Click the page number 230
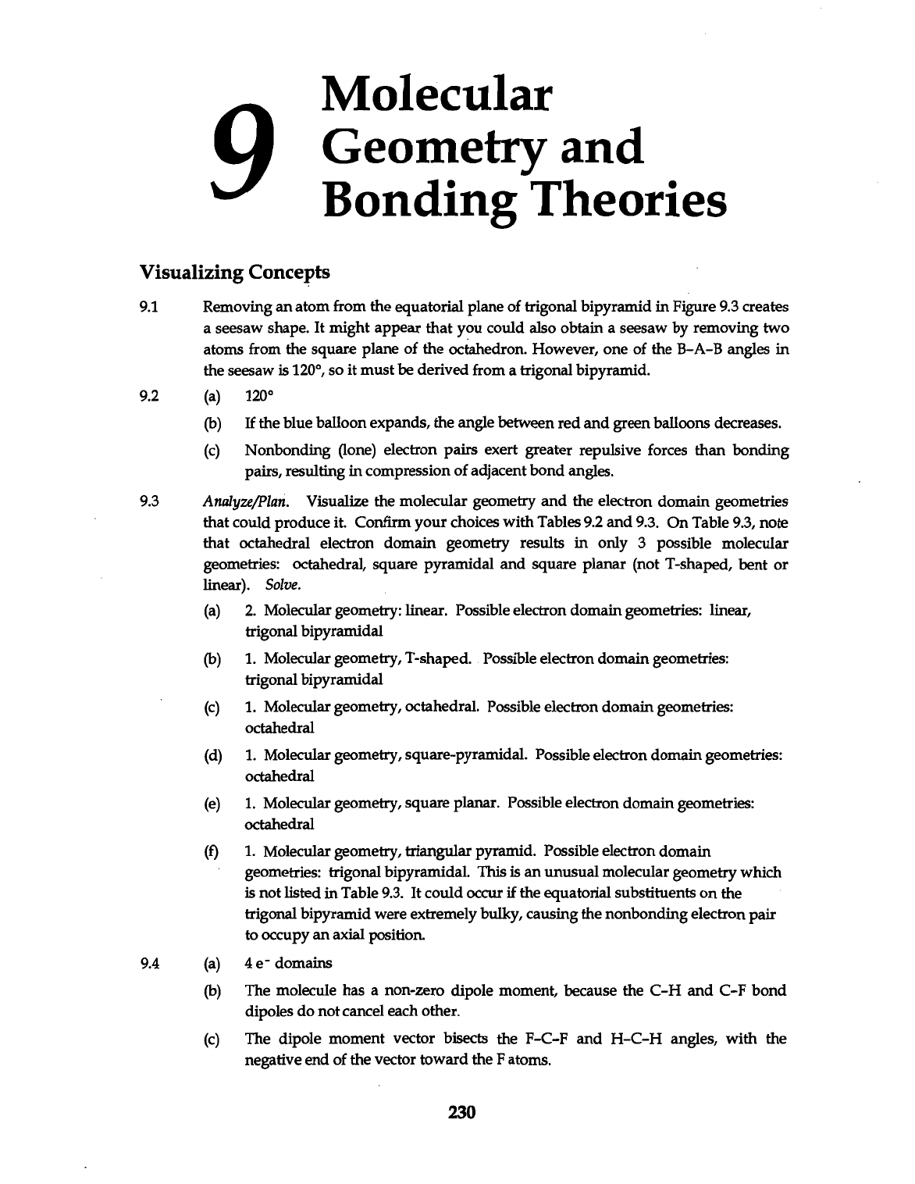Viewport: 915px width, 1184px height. tap(458, 1111)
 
